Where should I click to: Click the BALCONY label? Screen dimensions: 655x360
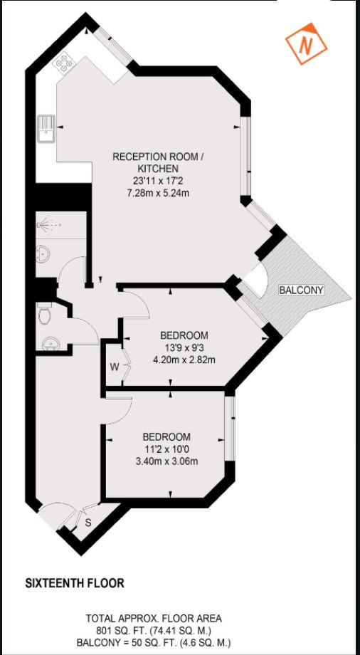click(x=301, y=290)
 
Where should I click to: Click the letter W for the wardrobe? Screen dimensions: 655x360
click(x=114, y=367)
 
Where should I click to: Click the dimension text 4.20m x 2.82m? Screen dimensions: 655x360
click(x=184, y=359)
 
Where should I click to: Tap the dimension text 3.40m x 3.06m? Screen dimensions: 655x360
click(x=166, y=460)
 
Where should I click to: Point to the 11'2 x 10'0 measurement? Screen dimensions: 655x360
click(x=166, y=449)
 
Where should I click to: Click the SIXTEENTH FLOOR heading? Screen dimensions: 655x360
click(x=75, y=583)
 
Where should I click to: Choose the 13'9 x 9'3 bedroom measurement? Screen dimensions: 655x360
click(x=184, y=347)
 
